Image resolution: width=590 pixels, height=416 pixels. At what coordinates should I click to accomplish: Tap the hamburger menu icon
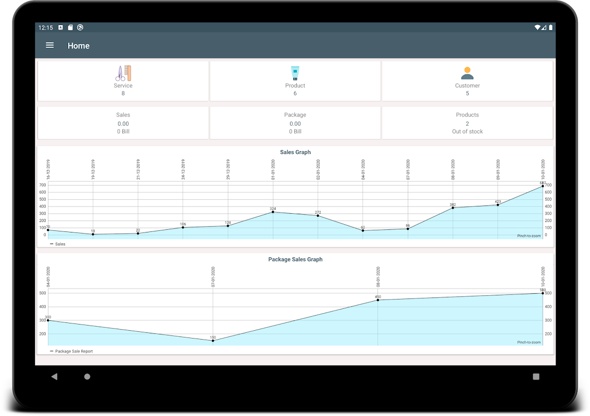(x=50, y=45)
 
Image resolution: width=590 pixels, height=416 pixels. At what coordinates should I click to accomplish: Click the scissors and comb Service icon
(x=123, y=73)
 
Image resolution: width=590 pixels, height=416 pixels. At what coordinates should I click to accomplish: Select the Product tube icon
(x=295, y=73)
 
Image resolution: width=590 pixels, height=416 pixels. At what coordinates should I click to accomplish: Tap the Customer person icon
(x=467, y=73)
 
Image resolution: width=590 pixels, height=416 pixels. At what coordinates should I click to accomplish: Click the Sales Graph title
(x=295, y=152)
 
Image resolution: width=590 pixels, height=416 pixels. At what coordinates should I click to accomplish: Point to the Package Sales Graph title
(x=295, y=259)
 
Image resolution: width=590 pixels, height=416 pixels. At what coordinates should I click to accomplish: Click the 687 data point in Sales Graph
(x=543, y=186)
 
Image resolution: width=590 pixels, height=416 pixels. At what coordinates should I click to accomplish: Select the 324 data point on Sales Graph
(x=273, y=212)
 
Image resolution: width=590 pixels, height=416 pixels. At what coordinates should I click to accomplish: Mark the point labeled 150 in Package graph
(x=213, y=341)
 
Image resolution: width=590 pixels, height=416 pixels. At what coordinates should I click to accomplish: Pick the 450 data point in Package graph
(x=378, y=300)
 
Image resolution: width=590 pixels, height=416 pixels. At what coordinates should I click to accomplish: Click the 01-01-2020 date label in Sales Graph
(x=273, y=170)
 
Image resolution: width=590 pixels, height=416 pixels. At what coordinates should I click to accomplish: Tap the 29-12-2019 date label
(x=228, y=170)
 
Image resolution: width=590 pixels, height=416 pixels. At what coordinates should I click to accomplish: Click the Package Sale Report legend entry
(x=73, y=352)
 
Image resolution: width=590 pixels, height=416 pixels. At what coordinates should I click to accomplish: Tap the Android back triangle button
(x=54, y=376)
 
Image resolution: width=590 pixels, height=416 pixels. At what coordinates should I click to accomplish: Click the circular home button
(x=87, y=376)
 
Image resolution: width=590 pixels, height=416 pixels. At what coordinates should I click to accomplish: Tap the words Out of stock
(x=467, y=132)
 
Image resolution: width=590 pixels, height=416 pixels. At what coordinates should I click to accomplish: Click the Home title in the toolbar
(x=79, y=46)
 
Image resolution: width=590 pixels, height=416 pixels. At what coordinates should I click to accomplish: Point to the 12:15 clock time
(x=46, y=28)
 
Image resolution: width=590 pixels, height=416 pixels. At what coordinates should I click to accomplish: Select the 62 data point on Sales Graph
(x=363, y=230)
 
